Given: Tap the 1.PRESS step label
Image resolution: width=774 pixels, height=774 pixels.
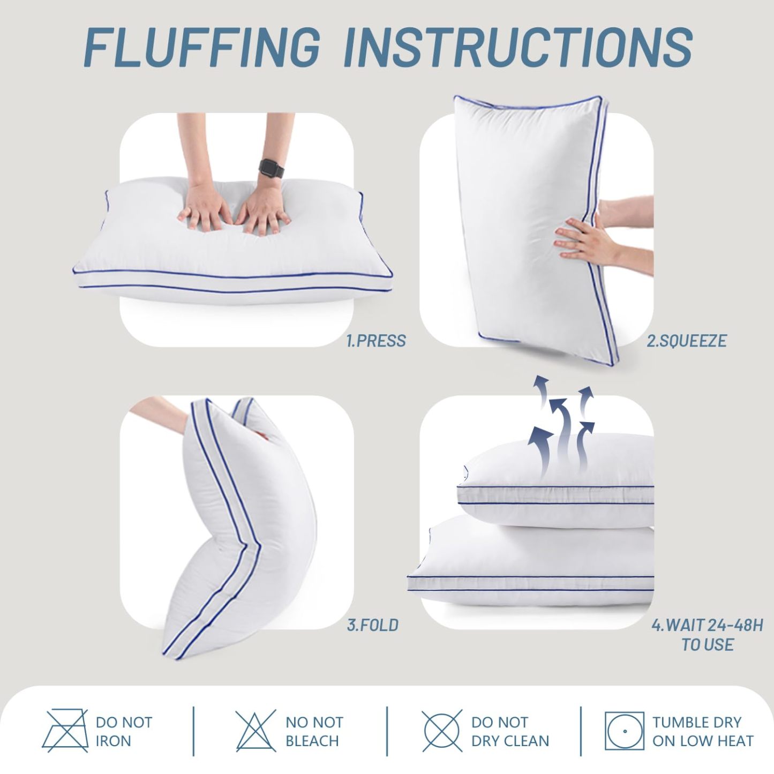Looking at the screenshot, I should pos(376,341).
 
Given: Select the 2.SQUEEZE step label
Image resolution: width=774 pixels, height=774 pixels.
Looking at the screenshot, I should pos(686,341).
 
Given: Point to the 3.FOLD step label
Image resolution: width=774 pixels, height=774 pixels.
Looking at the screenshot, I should pos(372,625).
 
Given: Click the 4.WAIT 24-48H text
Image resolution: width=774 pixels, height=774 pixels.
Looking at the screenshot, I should pos(707,625).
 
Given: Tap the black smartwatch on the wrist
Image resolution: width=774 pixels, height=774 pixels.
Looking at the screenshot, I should pos(270,168).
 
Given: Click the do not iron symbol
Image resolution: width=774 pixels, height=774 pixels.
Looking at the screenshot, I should pos(65,731).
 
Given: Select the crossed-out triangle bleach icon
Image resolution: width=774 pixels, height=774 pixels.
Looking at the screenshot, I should pos(256,731).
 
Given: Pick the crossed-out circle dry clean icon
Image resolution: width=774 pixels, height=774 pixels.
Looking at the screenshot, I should pos(442,731).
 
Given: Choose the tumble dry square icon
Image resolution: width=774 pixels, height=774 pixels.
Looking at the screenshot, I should pos(624,731).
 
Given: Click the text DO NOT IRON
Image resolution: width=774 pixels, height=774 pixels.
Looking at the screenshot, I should pos(124,731).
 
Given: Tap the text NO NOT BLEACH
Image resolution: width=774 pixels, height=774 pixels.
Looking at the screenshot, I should pos(314,731).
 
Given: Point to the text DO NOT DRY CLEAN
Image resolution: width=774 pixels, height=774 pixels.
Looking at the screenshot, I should pos(510,731).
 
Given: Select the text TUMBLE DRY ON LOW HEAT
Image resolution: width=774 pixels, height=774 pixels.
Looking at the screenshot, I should pos(702,731).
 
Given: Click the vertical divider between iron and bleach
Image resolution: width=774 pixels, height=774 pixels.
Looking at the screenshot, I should pos(193,731).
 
